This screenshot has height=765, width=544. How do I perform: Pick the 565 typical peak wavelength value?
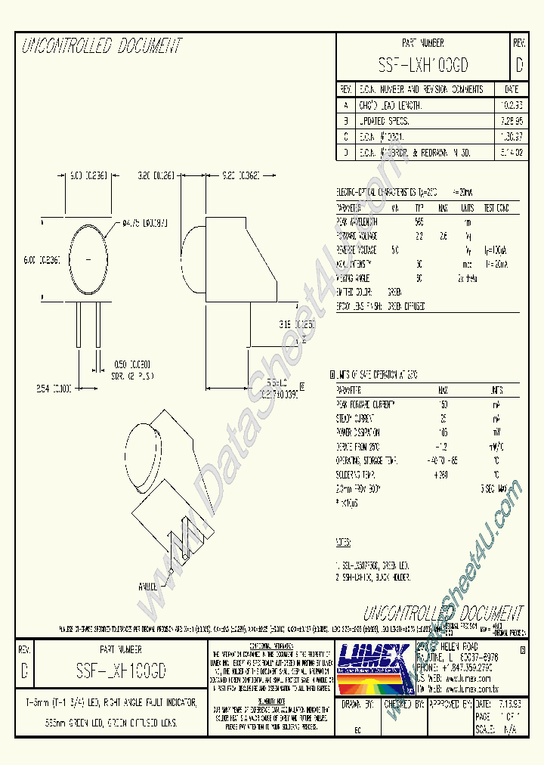coord(419,222)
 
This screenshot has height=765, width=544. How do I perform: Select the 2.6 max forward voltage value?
coord(444,236)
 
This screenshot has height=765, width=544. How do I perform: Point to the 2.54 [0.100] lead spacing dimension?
coord(54,388)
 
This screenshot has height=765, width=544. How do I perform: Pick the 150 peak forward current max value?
coord(443,404)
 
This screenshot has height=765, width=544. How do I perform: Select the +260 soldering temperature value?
coord(442,474)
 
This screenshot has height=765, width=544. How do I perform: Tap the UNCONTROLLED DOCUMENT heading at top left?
coord(101,47)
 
